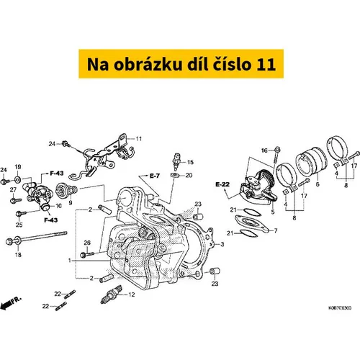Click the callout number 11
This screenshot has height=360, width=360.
pos(139,139)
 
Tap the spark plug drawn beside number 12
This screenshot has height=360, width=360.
pos(111,294)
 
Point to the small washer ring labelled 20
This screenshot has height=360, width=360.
pos(175,175)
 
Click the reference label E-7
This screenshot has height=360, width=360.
pos(155,176)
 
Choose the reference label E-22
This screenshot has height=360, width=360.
pos(222,184)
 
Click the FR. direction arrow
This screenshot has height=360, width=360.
pos(11,303)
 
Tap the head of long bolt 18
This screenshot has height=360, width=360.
pos(9,240)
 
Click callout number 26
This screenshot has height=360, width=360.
pos(87,243)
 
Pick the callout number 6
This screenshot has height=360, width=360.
pos(318,184)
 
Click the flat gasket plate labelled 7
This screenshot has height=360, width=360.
pos(251,224)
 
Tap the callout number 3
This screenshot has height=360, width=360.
pos(222,244)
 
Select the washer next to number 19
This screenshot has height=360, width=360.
pos(18,179)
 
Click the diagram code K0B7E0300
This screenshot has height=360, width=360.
pos(340,307)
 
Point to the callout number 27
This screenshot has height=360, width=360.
pos(13,189)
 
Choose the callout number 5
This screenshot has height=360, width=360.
pos(273,212)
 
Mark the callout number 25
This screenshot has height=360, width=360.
pos(19,225)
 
